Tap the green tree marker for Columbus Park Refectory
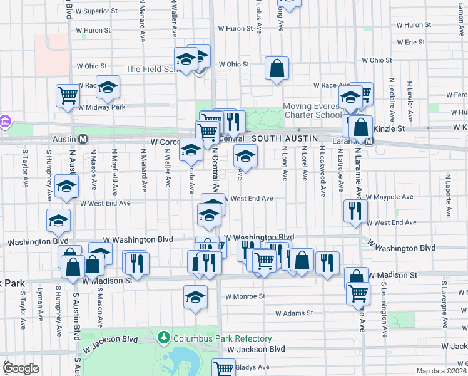[164, 338]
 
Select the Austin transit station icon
[82, 138]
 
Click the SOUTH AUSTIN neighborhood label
[285, 138]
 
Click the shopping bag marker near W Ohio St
[277, 68]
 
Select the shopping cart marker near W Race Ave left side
[68, 95]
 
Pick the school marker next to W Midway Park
[108, 88]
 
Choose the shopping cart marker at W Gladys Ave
[223, 368]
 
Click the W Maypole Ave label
[394, 197]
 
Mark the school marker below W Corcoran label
[191, 150]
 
